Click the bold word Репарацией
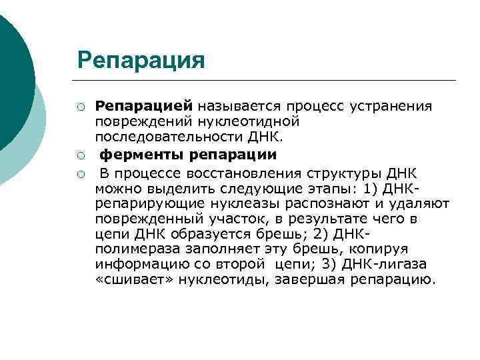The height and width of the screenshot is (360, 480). pyautogui.click(x=144, y=106)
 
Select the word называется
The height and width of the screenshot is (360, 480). pyautogui.click(x=238, y=106)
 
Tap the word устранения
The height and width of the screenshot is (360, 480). pyautogui.click(x=394, y=106)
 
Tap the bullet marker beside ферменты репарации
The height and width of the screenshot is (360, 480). pyautogui.click(x=80, y=155)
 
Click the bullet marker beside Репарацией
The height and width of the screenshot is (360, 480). pyautogui.click(x=80, y=107)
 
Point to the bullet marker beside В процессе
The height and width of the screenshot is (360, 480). pyautogui.click(x=80, y=175)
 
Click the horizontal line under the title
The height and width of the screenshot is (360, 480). pyautogui.click(x=267, y=81)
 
